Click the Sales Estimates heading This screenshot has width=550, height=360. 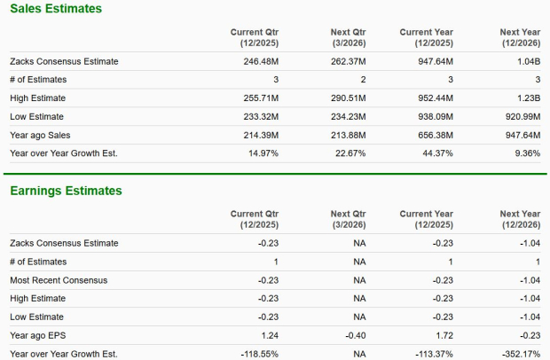point(55,9)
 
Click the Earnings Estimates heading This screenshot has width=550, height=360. point(66,191)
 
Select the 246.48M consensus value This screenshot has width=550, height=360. point(261,61)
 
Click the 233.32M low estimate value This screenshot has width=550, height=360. point(261,116)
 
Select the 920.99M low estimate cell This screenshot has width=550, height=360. point(519,116)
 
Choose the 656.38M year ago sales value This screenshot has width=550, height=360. point(434,135)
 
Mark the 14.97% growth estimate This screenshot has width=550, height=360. point(263,153)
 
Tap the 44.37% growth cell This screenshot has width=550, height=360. point(436,153)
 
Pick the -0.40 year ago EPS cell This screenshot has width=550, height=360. point(354,336)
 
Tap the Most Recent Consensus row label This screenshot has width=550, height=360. point(59,280)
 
